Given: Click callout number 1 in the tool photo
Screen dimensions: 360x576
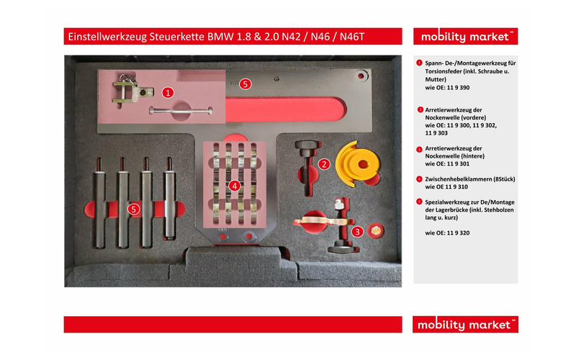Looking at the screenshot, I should [x=167, y=92].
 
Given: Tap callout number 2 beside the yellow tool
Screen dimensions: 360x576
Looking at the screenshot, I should [x=325, y=164].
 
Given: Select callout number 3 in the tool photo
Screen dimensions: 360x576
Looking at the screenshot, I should [x=358, y=231].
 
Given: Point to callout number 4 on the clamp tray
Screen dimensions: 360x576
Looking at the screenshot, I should [x=234, y=185].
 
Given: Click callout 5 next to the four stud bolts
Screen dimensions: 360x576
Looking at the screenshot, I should [x=133, y=209].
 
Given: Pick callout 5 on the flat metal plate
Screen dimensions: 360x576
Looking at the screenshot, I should [x=245, y=84].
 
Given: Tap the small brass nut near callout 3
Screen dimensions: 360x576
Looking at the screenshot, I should [x=374, y=230].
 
